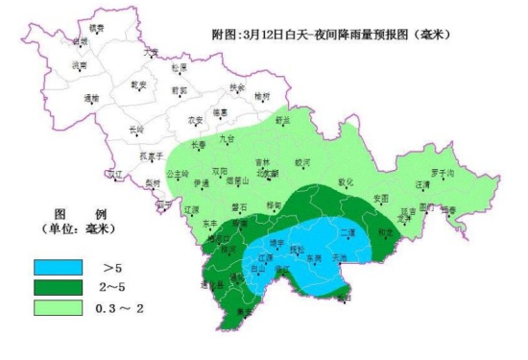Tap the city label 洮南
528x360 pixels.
(80, 65)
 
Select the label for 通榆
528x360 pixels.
(91, 97)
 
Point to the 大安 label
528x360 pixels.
(151, 53)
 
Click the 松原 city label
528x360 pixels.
(180, 67)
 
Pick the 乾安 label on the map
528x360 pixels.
(138, 84)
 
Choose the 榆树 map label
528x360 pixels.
(262, 96)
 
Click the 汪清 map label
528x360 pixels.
(423, 183)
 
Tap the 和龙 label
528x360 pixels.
(385, 231)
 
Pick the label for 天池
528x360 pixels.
(339, 258)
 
